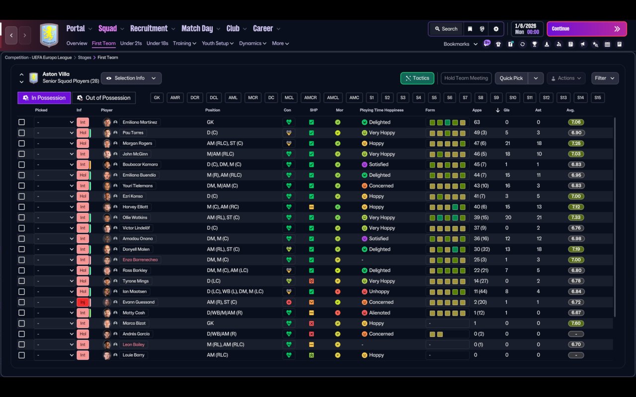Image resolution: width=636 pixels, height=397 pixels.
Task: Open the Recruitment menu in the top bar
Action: pos(149,29)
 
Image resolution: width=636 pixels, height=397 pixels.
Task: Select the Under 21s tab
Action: pos(131,43)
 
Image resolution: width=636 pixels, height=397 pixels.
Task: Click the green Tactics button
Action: pos(417,78)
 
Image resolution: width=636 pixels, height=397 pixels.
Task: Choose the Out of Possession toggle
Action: pos(104,98)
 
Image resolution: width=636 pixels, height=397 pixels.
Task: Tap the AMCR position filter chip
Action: pos(311,98)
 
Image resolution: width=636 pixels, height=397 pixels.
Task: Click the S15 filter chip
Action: pos(597,98)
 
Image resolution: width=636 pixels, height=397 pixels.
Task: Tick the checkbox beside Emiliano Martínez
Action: pos(21,122)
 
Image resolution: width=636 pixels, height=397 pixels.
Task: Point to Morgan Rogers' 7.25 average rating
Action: pos(576,143)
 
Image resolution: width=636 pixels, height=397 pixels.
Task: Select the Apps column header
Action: pos(477,110)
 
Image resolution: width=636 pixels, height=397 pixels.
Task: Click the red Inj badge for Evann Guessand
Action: pos(82,302)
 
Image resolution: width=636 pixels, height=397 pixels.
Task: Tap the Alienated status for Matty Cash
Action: pos(379,313)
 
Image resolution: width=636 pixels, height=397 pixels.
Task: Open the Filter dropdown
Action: pos(604,78)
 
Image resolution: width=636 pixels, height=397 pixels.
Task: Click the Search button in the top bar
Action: pos(445,29)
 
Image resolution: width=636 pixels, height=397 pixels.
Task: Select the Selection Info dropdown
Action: pos(131,78)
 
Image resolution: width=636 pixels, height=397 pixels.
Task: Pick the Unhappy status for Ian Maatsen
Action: pos(379,291)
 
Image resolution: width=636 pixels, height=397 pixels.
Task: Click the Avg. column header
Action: pos(570,110)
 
